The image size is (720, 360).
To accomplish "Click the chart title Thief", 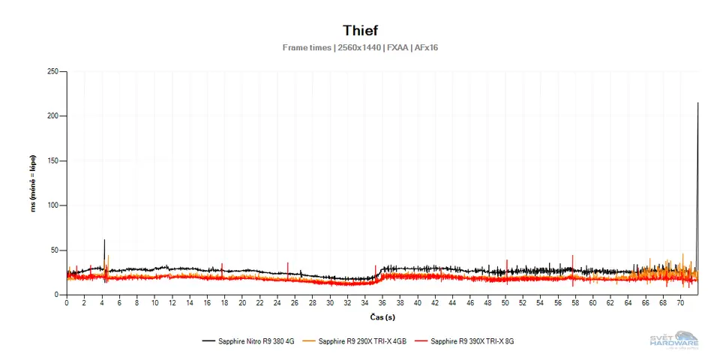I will pos(361,30).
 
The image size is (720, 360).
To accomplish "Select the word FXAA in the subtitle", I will pos(397,48).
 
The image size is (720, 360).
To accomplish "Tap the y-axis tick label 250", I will pos(52,72).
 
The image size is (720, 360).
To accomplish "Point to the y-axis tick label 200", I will pos(52,116).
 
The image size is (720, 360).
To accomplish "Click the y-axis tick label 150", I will pos(52,161).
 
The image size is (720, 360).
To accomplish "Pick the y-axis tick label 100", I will pos(52,205).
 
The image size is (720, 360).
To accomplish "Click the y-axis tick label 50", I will pos(54,250).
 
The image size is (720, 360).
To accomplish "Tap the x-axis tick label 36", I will pos(382,304).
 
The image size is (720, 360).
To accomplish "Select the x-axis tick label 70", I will pos(680,304).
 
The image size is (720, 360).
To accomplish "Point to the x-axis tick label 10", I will pos(154,304).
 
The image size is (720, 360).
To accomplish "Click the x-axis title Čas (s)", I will pos(382,316).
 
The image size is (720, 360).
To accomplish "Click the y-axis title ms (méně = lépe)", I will pos(33,183).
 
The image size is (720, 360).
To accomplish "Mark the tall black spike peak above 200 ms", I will pos(697,103).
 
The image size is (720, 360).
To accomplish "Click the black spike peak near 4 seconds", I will pos(104,241).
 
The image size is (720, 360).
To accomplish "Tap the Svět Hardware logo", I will pos(673,340).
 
